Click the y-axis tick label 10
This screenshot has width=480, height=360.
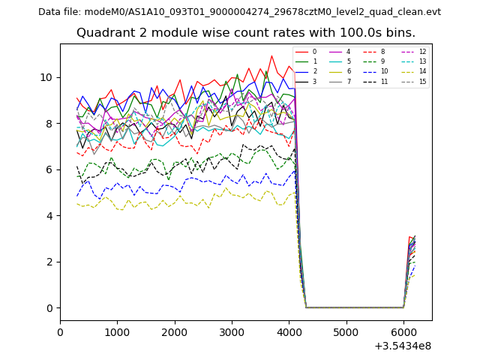(47, 77)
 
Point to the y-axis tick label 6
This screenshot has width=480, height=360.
(50, 169)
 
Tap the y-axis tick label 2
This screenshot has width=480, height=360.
(50, 262)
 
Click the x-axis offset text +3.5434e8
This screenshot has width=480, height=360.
(402, 346)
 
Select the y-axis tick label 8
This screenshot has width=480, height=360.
(50, 123)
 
